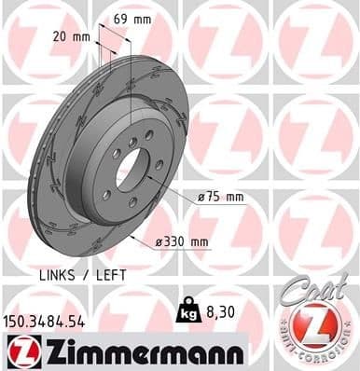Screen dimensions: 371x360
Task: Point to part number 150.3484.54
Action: click(x=46, y=321)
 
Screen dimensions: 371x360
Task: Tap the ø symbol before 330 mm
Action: click(x=159, y=241)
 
